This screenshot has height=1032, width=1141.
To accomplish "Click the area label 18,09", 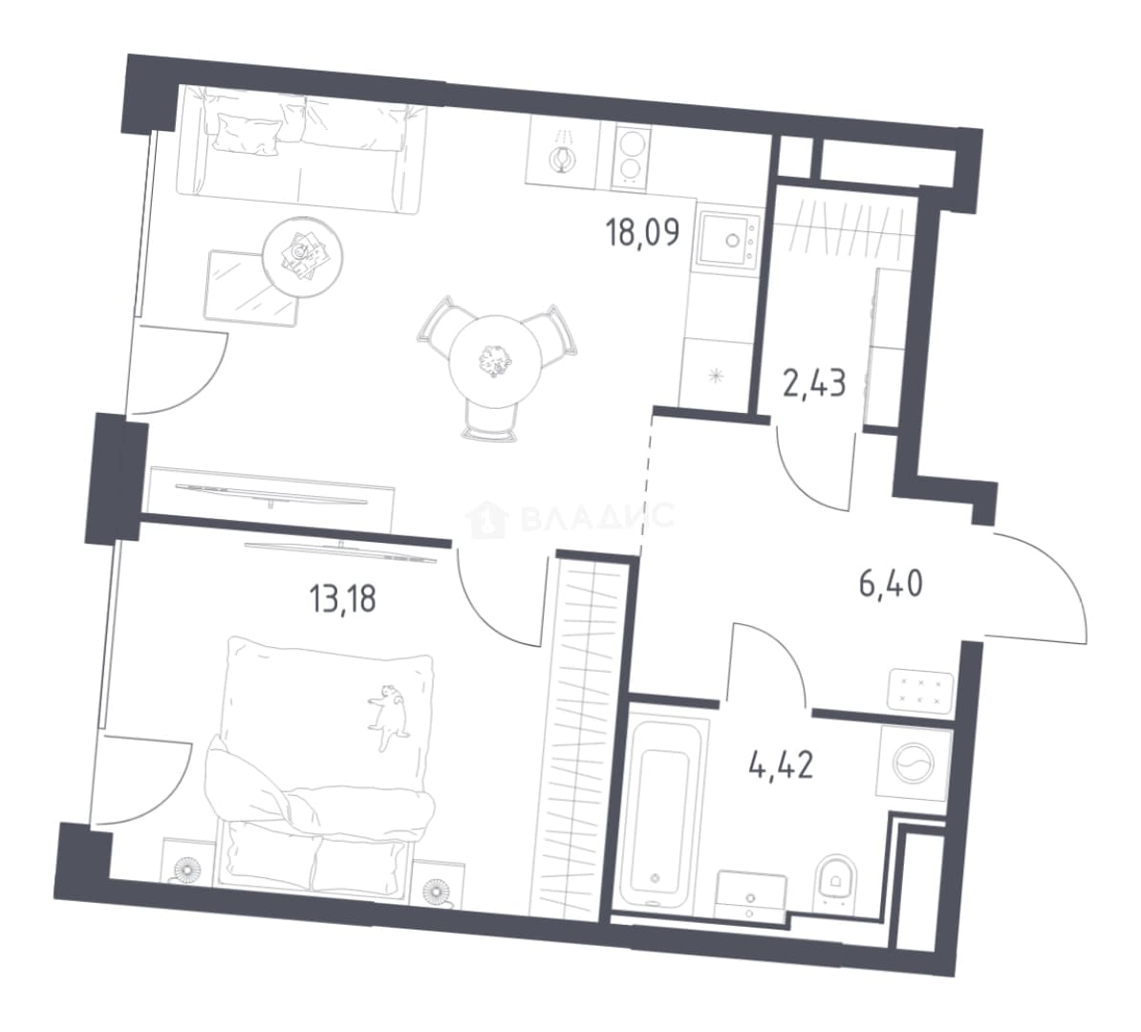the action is pos(642,232).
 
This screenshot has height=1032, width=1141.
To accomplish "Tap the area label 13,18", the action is pos(342,600).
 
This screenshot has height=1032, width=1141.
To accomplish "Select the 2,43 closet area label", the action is pos(813,383).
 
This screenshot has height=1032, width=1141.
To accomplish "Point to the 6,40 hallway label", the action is pos(891,584).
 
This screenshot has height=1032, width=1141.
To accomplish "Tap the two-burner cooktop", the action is pos(630,156).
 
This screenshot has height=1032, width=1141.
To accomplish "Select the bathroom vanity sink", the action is pos(751,894).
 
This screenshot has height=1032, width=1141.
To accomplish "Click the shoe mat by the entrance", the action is pos(920,689).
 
